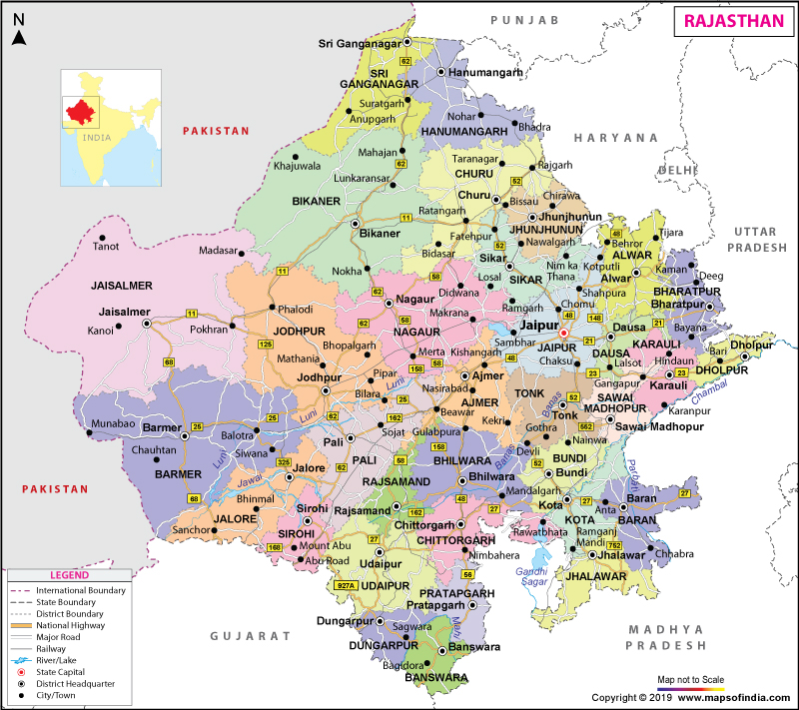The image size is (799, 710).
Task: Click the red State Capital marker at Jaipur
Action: coord(563,333)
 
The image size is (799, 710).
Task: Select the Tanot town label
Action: coord(105,247)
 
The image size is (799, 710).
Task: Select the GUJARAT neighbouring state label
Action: coord(250,635)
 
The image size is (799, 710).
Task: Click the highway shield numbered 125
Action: coord(266,345)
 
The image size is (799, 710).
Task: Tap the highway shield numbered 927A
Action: coord(346,585)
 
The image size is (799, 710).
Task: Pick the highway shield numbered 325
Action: coord(283,462)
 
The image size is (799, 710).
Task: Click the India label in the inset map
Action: coord(97,137)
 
